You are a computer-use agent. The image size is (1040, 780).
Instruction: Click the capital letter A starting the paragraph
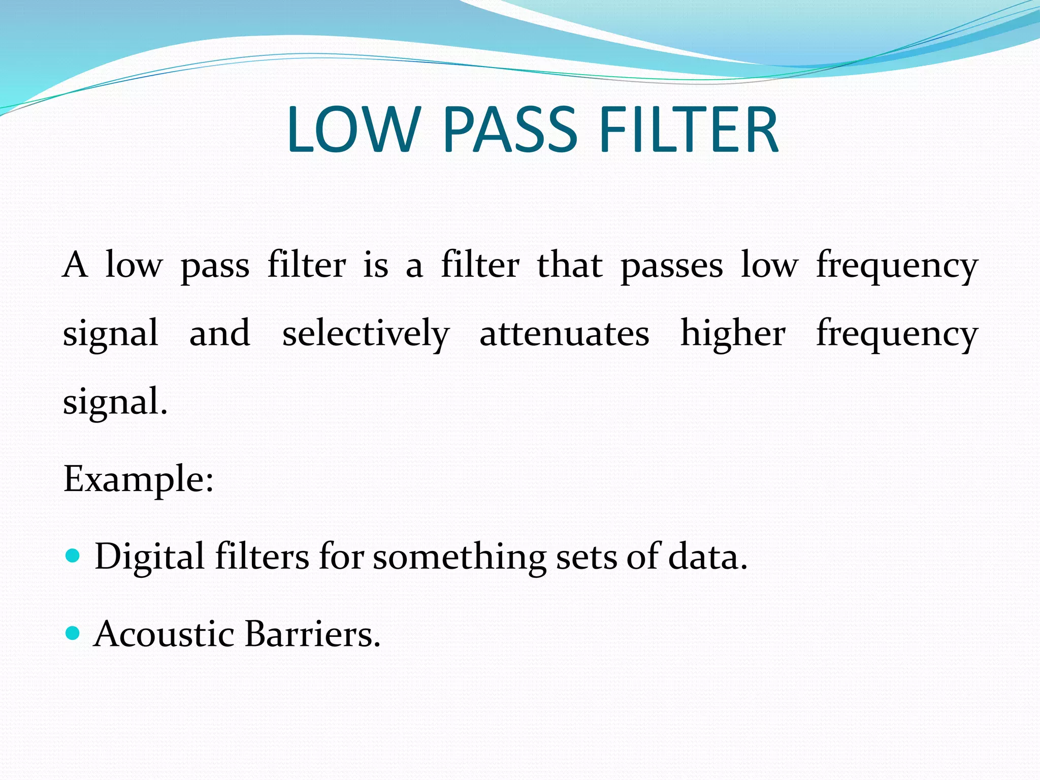click(x=75, y=265)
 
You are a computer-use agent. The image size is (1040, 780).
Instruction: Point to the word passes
click(x=671, y=267)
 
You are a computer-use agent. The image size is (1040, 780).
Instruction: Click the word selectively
click(x=366, y=334)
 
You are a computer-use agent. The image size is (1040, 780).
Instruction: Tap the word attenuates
click(x=564, y=334)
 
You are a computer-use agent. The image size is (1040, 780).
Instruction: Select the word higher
click(x=732, y=334)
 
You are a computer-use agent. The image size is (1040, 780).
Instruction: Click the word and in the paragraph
click(x=219, y=334)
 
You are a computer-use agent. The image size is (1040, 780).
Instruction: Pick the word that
click(x=570, y=265)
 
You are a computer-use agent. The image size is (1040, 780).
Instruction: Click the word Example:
click(x=138, y=479)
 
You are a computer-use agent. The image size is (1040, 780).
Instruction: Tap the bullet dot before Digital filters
click(x=73, y=556)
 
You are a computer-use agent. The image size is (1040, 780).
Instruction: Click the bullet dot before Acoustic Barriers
click(x=73, y=633)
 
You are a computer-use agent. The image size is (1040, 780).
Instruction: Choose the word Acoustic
click(x=164, y=634)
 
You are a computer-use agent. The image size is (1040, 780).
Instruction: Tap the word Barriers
click(x=312, y=634)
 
